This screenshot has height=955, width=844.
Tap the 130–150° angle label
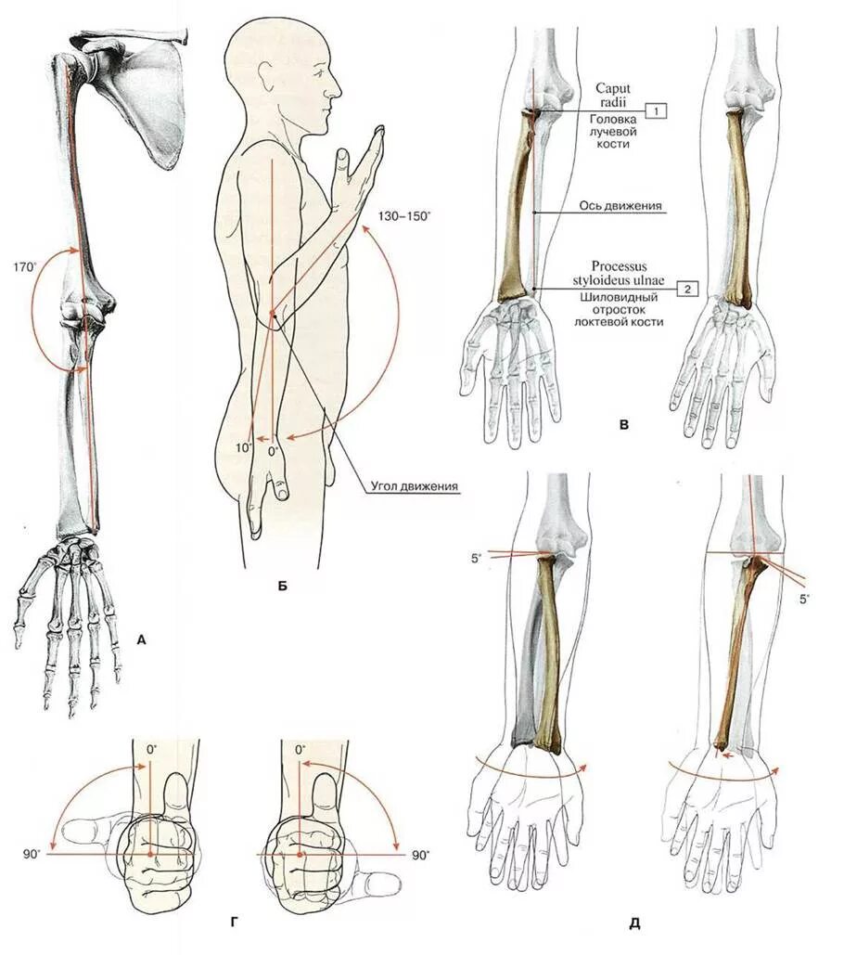coord(404,215)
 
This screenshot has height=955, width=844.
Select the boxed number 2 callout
coord(686,289)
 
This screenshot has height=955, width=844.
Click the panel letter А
coord(141,639)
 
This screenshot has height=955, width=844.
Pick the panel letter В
coord(624,426)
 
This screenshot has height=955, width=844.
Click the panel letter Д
coord(635,923)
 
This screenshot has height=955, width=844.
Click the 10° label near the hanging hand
coord(243,447)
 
